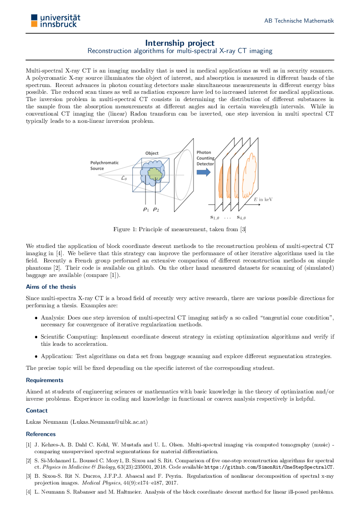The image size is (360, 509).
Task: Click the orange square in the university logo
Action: click(34, 24)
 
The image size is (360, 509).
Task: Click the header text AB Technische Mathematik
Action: click(299, 21)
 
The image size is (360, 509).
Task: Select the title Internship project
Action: click(180, 43)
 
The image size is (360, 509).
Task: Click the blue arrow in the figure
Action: click(204, 172)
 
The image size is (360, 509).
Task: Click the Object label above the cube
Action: click(152, 153)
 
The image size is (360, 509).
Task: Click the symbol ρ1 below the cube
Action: click(146, 209)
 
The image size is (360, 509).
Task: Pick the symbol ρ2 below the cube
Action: click(156, 209)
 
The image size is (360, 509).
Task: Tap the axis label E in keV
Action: click(263, 199)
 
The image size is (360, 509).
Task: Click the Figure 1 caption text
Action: click(180, 229)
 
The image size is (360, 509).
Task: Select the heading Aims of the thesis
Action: click(51, 287)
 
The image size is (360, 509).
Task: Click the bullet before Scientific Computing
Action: click(36, 337)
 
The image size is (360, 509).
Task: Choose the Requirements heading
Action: click(44, 380)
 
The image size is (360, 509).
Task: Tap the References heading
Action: click(41, 434)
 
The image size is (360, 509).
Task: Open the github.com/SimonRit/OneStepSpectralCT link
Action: click(269, 466)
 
